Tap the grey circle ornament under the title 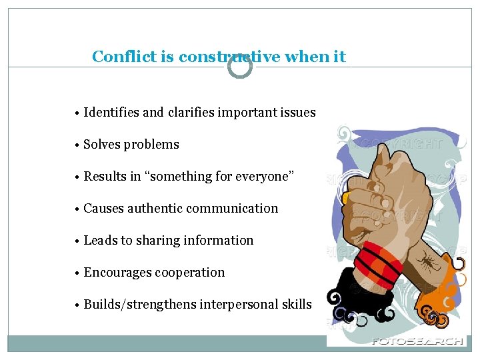240,66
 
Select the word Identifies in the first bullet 112,113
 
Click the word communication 235,209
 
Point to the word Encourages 117,273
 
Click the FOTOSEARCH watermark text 417,341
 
